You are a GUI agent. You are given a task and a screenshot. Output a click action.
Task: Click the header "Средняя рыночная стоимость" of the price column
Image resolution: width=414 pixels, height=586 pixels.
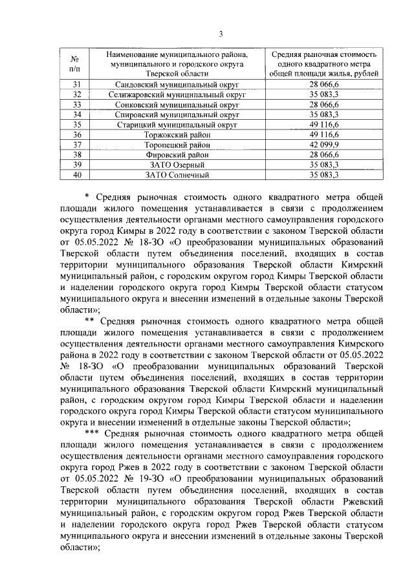point(323,55)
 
